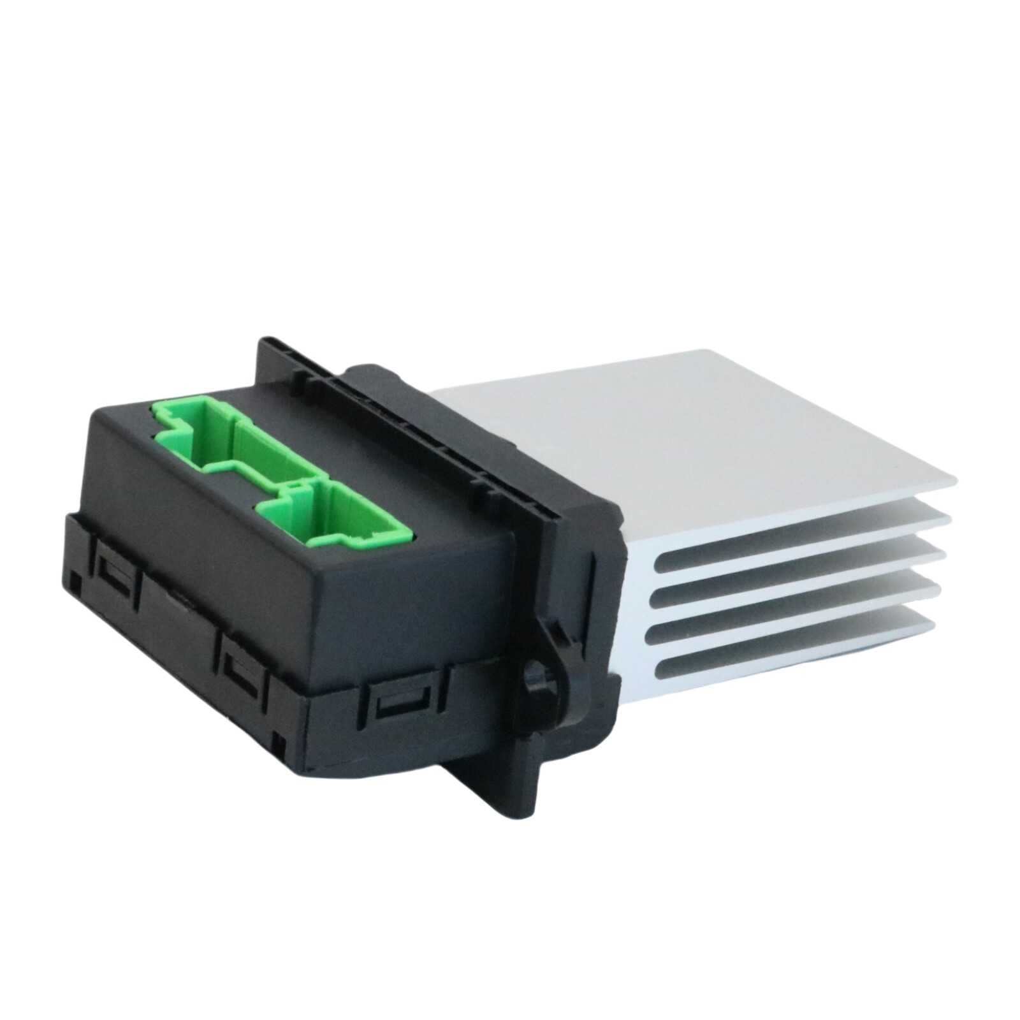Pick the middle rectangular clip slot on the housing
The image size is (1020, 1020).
tap(243, 669)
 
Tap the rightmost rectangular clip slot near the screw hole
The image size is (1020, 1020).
tap(402, 708)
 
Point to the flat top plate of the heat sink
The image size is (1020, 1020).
tap(669, 433)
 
